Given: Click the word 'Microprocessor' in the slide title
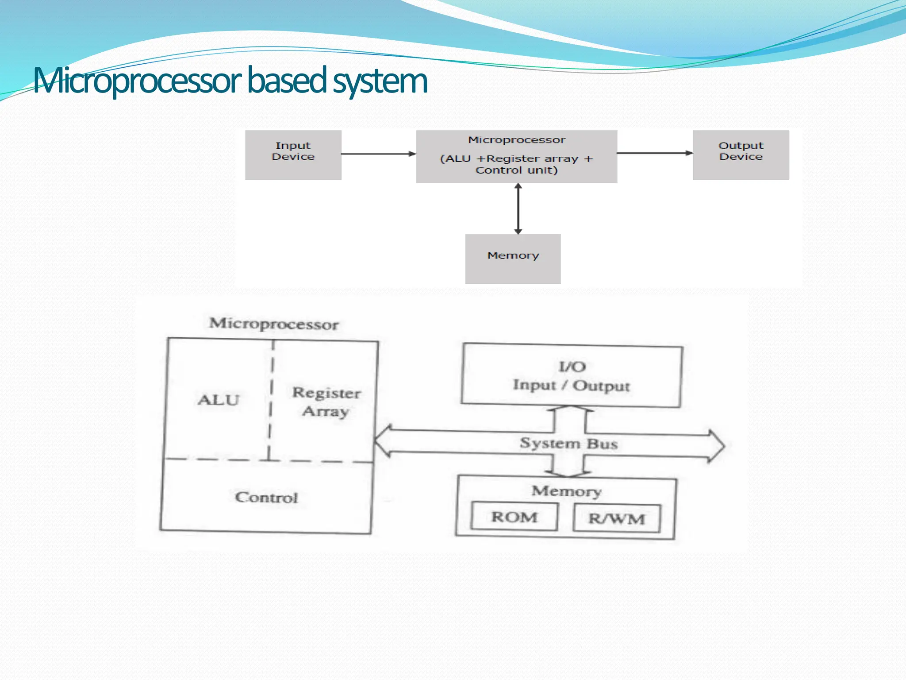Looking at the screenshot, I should point(137,81).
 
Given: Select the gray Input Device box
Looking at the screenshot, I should point(293,155).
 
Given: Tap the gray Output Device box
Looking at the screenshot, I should point(741,155).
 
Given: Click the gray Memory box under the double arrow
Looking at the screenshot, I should point(513,259).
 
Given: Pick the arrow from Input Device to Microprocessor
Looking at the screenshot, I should point(378,154).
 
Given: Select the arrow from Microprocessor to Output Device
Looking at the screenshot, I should point(654,153).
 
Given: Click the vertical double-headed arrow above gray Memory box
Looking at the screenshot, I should point(518,209).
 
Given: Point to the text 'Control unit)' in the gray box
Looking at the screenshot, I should point(516,170).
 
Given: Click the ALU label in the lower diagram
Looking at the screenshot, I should point(218,400).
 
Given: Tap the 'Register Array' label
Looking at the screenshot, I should point(326,402).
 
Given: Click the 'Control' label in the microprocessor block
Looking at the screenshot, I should point(266,498).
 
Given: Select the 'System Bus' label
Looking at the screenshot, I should point(568,443).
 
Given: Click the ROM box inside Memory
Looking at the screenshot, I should point(514,517).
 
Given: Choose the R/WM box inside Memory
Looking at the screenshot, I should point(616,518).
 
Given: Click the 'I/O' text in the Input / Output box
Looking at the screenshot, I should point(572,367).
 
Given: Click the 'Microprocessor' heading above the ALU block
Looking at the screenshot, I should point(274,324).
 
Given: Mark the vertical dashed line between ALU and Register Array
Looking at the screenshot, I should point(271,398).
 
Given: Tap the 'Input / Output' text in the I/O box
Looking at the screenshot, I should point(571,385).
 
